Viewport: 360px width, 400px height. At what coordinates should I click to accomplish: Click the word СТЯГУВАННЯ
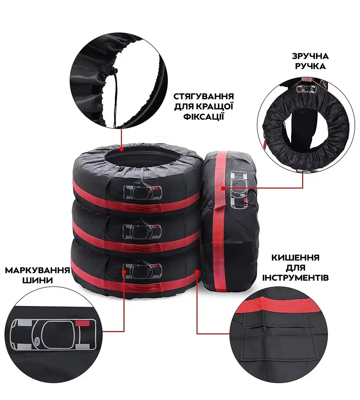point(204,96)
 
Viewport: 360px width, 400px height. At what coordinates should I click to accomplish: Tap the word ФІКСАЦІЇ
point(204,116)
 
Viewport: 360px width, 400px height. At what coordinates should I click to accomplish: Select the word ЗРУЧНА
point(310,56)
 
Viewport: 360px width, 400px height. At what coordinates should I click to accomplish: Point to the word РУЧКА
point(310,66)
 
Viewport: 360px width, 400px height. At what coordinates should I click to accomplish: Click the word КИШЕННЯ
point(295,258)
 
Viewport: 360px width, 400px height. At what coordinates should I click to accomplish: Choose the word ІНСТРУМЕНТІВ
point(296,278)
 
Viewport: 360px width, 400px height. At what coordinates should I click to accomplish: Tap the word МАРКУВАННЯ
point(38,270)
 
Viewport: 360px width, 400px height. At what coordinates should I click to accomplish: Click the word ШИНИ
point(38,280)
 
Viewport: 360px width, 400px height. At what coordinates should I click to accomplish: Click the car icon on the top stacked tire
point(143,192)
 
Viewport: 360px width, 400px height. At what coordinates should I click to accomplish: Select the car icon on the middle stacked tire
point(142,232)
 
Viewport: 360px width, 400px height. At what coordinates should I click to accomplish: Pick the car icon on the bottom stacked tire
point(142,271)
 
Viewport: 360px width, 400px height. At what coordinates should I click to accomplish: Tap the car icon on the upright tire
point(239,190)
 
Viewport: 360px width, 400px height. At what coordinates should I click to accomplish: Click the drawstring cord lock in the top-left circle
point(115,70)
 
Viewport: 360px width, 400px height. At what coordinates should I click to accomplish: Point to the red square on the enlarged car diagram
point(83,323)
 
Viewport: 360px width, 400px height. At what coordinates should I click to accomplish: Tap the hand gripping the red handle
point(306,80)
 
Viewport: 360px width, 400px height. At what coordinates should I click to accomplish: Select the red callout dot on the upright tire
point(223,188)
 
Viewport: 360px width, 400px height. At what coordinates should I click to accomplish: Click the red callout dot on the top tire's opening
point(122,148)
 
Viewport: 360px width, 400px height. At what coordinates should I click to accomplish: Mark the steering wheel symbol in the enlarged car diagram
point(38,340)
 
